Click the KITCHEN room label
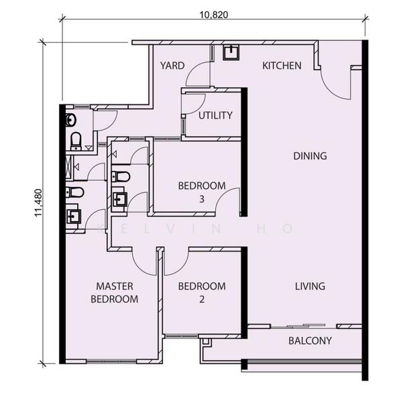tap(282, 66)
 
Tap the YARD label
tap(172, 66)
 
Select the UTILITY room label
tap(215, 115)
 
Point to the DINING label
tap(310, 156)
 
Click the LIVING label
tap(310, 286)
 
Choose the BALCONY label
tap(310, 341)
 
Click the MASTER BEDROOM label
tap(115, 293)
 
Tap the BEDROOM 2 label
tap(202, 293)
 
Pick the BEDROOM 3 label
tap(202, 192)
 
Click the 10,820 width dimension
tap(214, 15)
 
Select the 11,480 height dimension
tap(38, 203)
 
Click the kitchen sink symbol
tap(231, 52)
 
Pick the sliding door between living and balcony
tap(304, 326)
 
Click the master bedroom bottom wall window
tap(111, 362)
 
